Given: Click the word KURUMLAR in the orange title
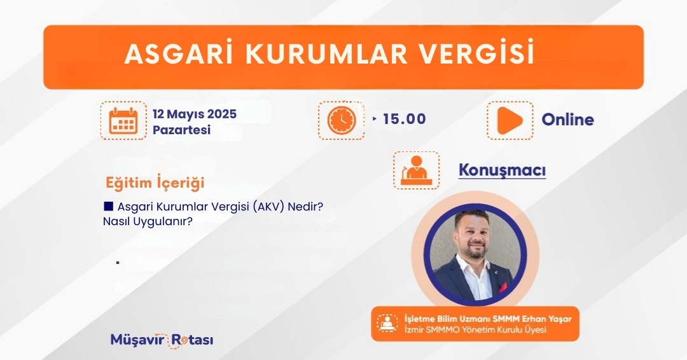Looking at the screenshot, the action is pos(326,54).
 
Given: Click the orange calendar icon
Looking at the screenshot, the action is pos(123,120).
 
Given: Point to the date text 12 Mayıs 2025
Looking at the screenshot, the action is pos(195,114).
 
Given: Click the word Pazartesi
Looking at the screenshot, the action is pos(181,130).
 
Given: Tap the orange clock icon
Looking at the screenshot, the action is pos(342,120).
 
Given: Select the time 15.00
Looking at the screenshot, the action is pos(405,119).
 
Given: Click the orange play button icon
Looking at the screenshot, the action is pos(510,120).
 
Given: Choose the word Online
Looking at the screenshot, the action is pos(568,120).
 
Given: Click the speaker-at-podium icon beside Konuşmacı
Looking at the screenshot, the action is pos(416,170).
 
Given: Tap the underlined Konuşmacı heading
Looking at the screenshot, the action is pos(502,170).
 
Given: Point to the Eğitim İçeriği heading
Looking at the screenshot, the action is pos(155,182).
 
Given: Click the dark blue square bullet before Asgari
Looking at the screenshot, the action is pos(109,206).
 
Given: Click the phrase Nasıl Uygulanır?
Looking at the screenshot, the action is pos(148,221).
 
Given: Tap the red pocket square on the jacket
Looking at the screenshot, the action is pos(503,287).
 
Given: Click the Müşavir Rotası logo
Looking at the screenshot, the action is pos(162,340).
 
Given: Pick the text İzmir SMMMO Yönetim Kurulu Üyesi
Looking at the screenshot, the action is pos(475,329).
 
